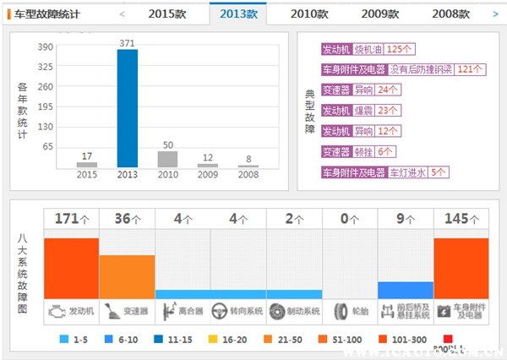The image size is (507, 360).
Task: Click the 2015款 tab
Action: (x=167, y=14)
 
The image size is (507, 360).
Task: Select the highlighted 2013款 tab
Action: (x=238, y=14)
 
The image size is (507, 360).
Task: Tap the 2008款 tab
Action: (x=450, y=14)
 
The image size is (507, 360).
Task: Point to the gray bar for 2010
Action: (x=167, y=159)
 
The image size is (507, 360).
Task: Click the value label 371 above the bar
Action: (x=127, y=41)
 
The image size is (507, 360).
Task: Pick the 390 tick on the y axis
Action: (x=46, y=48)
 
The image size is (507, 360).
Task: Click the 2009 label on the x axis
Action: (x=207, y=175)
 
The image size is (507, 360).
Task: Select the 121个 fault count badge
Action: (x=473, y=69)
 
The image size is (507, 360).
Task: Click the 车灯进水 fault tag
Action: (x=407, y=172)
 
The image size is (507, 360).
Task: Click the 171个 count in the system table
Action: (x=71, y=219)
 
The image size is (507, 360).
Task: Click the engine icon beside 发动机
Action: (x=55, y=310)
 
